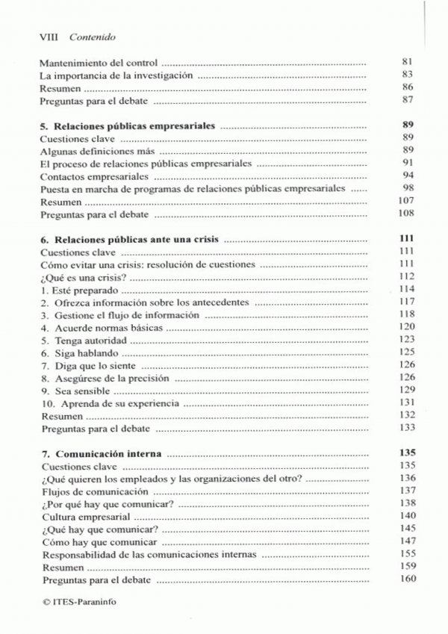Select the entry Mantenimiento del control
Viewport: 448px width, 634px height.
[x=99, y=63]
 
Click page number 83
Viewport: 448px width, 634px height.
[x=407, y=75]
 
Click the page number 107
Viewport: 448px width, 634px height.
[x=406, y=202]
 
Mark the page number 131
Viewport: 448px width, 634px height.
[x=406, y=403]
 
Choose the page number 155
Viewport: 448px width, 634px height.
[x=406, y=555]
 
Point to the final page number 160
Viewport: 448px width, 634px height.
[x=406, y=580]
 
